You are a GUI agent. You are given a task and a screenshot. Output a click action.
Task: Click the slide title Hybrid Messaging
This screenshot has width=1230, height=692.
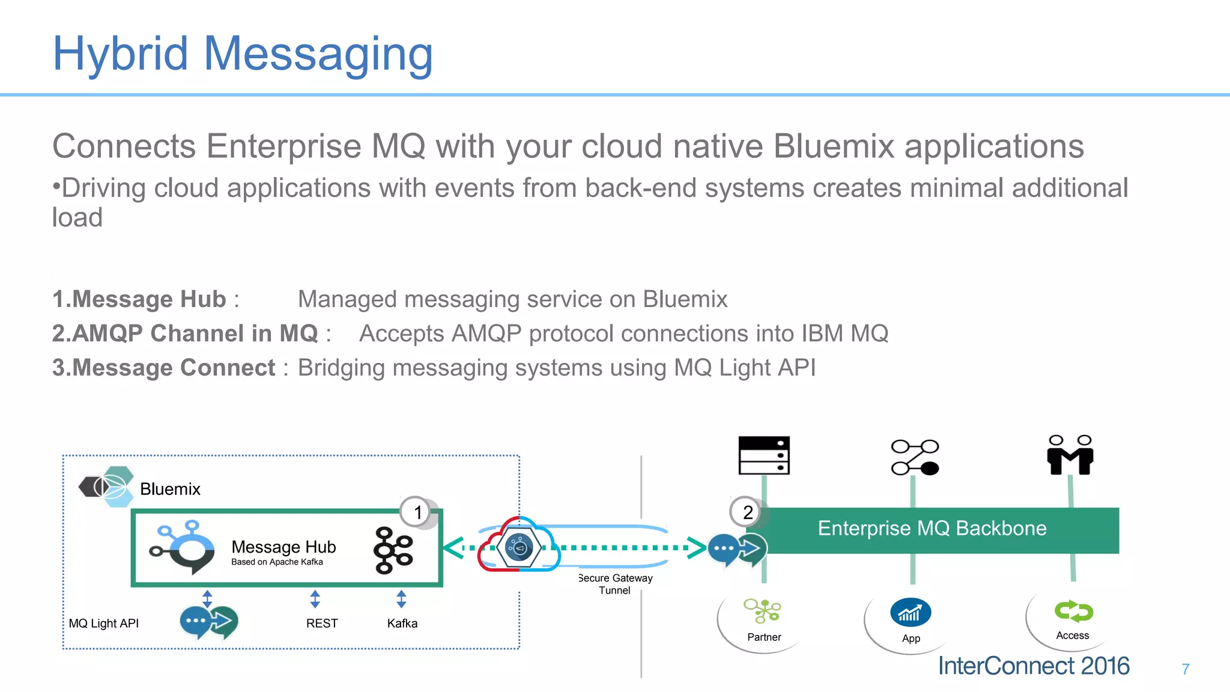tap(243, 54)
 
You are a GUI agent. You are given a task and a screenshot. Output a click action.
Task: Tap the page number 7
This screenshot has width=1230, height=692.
tap(1185, 669)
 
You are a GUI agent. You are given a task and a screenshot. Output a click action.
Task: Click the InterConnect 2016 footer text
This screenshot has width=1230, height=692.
tap(1033, 666)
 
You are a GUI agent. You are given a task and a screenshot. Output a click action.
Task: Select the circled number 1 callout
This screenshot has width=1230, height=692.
tap(417, 512)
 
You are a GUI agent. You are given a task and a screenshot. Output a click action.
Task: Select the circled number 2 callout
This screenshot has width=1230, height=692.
tap(747, 512)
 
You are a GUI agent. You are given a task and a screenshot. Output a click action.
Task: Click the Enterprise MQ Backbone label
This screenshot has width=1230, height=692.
tap(932, 529)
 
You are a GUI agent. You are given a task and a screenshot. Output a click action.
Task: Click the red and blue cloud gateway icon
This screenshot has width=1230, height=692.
tap(519, 545)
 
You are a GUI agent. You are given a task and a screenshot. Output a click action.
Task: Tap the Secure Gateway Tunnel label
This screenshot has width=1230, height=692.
tap(615, 584)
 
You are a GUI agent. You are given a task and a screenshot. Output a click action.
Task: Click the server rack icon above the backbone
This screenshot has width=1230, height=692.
tap(763, 455)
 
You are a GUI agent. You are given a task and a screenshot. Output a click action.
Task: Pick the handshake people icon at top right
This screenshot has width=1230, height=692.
tap(1070, 455)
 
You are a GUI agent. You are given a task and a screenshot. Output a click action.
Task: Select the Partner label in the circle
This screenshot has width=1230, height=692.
tap(764, 637)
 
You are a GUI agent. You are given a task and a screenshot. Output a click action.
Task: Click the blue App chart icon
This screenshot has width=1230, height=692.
tap(910, 613)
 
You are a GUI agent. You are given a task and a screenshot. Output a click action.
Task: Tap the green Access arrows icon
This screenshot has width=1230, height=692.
tap(1073, 612)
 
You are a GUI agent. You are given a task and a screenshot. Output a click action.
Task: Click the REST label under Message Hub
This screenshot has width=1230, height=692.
tap(322, 624)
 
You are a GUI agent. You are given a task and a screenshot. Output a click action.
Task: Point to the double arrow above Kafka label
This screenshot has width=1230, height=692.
tap(401, 599)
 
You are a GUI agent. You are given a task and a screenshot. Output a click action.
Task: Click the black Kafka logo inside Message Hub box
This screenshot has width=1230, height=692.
tap(393, 550)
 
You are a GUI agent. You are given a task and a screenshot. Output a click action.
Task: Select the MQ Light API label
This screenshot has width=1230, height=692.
tap(103, 624)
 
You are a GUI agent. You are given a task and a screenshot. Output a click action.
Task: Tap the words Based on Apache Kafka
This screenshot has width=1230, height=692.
tap(277, 562)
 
